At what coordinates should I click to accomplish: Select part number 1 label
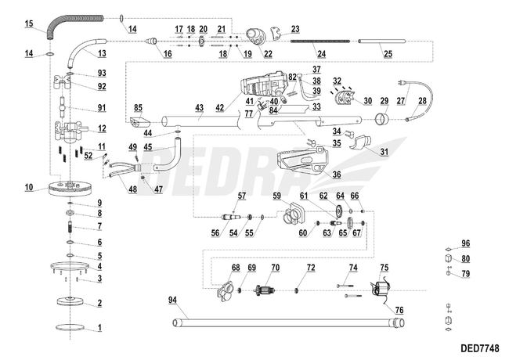coord(99,326)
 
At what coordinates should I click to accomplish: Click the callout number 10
coord(28,188)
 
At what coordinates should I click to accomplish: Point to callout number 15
coord(28,25)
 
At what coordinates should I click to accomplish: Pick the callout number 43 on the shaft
coord(200,107)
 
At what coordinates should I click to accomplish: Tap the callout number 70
coord(274,268)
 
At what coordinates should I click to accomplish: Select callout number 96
coord(465,243)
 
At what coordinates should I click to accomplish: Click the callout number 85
coord(137,107)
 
